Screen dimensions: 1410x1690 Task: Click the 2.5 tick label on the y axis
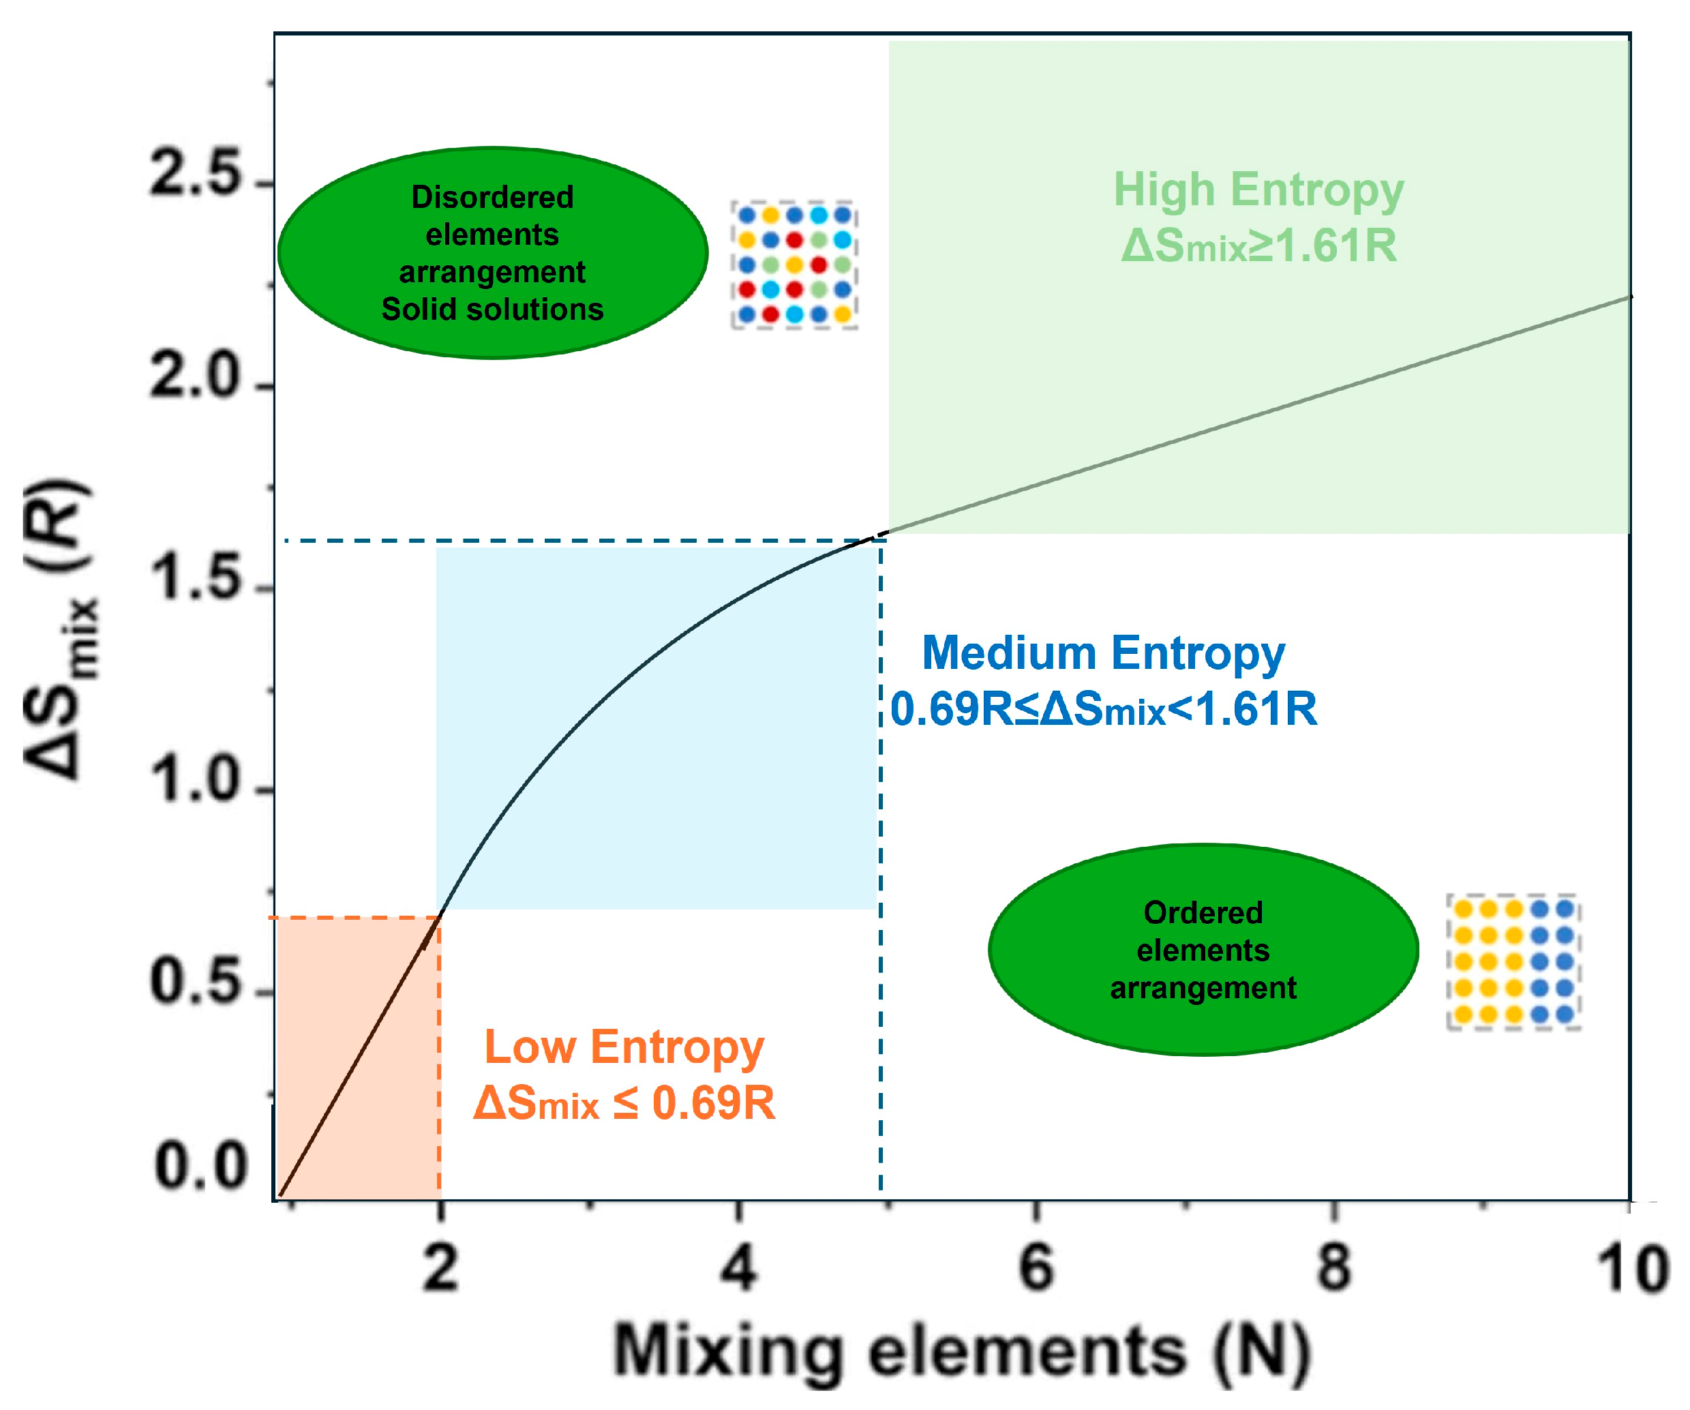195,174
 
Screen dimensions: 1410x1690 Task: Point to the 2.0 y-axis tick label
195,376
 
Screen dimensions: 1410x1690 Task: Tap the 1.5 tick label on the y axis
195,579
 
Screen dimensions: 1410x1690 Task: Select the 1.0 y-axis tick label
195,781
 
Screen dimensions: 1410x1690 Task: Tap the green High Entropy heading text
1258,191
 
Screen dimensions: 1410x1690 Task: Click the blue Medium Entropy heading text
1103,652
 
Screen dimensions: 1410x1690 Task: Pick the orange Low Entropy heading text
624,1047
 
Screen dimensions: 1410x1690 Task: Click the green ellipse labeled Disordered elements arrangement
492,253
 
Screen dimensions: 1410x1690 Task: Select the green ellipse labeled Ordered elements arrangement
1203,950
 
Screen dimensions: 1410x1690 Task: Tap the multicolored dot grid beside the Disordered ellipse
794,265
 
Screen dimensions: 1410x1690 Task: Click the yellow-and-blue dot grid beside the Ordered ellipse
1513,962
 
